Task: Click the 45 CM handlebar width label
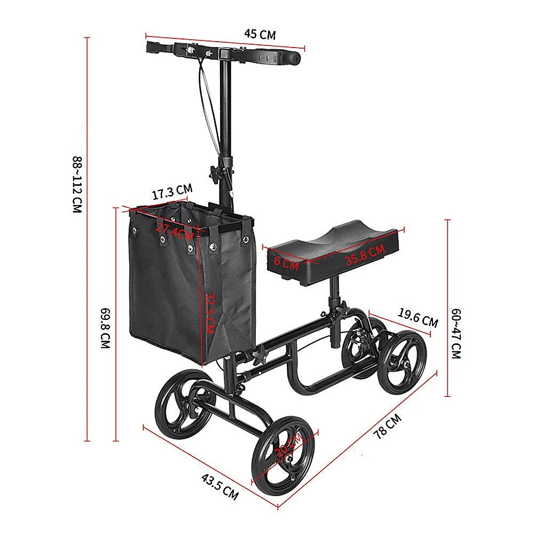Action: [x=260, y=35]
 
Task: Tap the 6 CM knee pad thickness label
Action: [x=286, y=262]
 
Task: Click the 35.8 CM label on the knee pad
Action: [x=364, y=255]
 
